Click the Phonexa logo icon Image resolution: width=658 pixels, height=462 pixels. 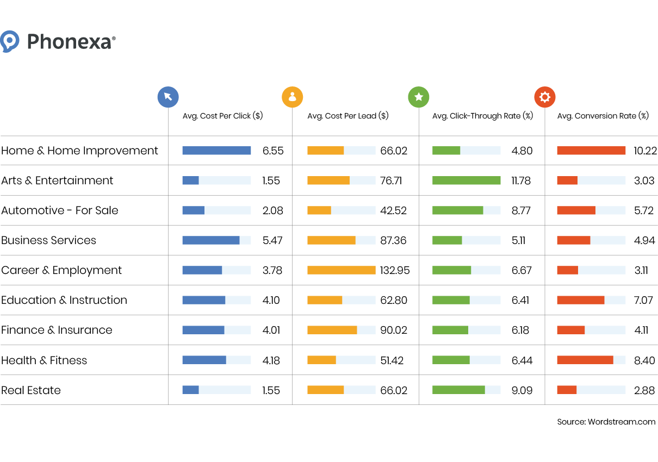(x=10, y=41)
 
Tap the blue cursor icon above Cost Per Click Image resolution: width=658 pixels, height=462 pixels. (x=168, y=97)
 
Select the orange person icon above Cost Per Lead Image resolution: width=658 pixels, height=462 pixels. (x=292, y=97)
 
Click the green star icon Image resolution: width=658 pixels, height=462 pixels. (x=419, y=97)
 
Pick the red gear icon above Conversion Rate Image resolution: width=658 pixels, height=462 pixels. (x=545, y=97)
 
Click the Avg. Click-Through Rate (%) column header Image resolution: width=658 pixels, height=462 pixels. (x=482, y=116)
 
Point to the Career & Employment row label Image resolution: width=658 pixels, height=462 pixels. (x=61, y=270)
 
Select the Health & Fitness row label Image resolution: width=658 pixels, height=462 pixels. (x=44, y=360)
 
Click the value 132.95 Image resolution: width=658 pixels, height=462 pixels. (x=395, y=270)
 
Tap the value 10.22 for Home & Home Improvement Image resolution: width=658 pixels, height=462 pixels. (x=645, y=151)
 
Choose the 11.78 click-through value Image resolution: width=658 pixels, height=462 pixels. (x=521, y=180)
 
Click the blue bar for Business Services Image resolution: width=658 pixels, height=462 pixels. (x=211, y=240)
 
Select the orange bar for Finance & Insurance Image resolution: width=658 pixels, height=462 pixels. (x=332, y=330)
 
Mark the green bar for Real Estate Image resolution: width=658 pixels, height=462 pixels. (x=458, y=390)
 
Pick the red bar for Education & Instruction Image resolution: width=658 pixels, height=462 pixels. (x=580, y=300)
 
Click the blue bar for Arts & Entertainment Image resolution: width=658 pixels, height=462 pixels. (x=191, y=180)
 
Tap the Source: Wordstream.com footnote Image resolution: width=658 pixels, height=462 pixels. (x=606, y=422)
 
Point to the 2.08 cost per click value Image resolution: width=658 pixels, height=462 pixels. (x=272, y=210)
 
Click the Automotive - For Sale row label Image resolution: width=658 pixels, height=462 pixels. (x=60, y=210)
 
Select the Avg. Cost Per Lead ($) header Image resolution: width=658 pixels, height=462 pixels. (x=348, y=116)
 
